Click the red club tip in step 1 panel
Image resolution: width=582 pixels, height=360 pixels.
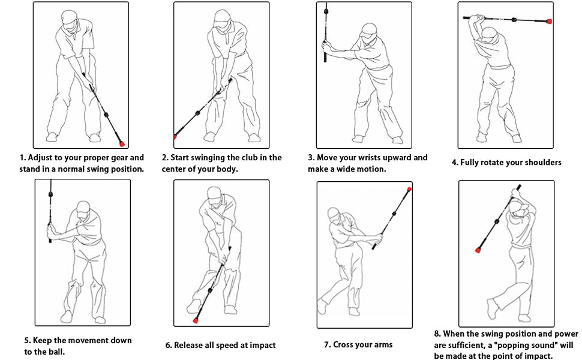[x=122, y=143]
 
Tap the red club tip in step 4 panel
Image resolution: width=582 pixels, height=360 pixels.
[x=549, y=22]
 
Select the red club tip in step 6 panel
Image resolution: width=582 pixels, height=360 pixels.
[x=196, y=320]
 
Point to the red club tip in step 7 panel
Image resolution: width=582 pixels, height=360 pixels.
[x=409, y=189]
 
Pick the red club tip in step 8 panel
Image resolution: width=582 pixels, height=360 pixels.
[x=478, y=251]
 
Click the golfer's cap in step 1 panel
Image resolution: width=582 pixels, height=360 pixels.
[x=69, y=17]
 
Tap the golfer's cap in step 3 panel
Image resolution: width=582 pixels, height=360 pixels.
[x=368, y=29]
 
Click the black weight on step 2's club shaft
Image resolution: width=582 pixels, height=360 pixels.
[x=197, y=113]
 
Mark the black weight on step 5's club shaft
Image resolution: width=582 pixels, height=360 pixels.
[x=50, y=194]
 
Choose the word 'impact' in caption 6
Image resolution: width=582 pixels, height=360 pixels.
[x=262, y=346]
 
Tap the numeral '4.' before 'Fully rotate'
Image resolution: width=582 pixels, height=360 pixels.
[x=455, y=163]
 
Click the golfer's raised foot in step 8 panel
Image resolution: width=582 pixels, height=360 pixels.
[x=493, y=309]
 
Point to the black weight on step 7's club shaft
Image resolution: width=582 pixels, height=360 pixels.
[x=395, y=214]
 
